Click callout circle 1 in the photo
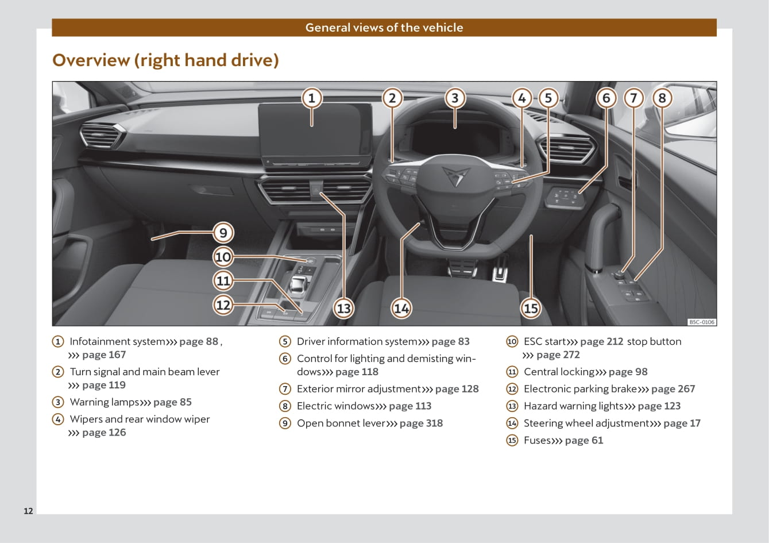click(x=312, y=98)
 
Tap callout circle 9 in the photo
click(x=223, y=233)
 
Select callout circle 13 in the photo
click(x=343, y=309)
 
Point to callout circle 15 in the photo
click(x=531, y=309)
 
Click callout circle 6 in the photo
click(x=606, y=98)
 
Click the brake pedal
click(x=463, y=267)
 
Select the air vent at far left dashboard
click(x=102, y=137)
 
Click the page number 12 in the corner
click(x=29, y=511)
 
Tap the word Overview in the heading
click(x=91, y=60)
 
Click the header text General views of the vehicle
click(x=384, y=28)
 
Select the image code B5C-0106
click(x=702, y=322)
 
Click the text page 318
click(x=421, y=423)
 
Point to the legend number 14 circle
click(x=512, y=423)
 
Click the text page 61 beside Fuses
click(x=583, y=441)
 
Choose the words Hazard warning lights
click(x=573, y=406)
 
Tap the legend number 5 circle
click(x=285, y=342)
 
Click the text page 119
click(x=103, y=386)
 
